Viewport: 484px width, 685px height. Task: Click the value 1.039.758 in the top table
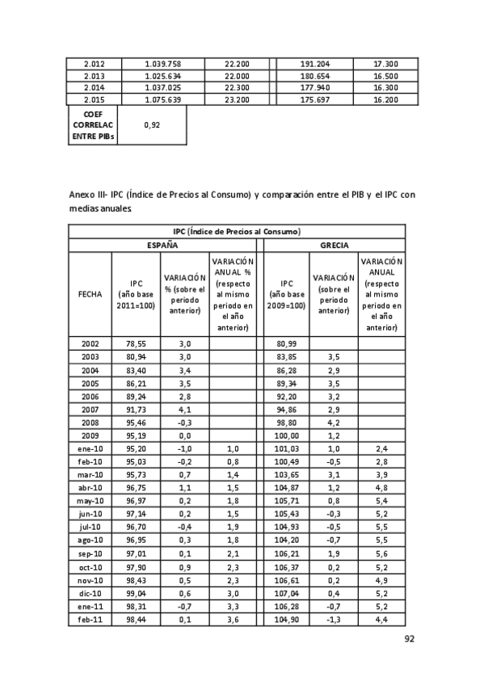pos(162,64)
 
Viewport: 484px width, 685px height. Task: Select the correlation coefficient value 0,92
pos(152,125)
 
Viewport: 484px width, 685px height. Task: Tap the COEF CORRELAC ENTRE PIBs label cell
pos(93,126)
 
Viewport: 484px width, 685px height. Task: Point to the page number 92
pos(409,638)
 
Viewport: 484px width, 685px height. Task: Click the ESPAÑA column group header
pos(162,243)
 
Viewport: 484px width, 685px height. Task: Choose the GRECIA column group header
pos(334,243)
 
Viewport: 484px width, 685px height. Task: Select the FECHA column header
pos(90,294)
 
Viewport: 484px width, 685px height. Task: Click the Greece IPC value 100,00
pos(286,435)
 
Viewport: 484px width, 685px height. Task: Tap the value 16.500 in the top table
pos(385,76)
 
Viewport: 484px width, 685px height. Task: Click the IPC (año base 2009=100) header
pos(286,294)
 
